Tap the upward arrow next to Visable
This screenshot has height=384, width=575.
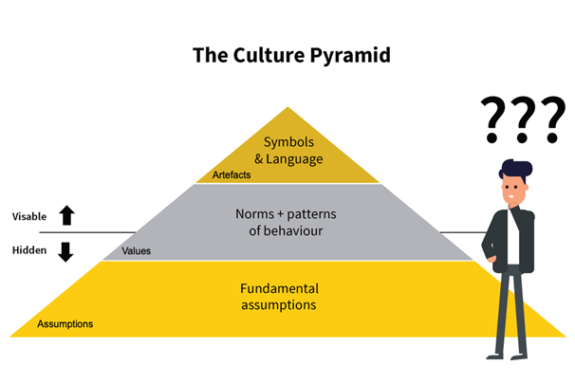pos(66,216)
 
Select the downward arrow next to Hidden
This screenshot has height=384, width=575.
pos(66,251)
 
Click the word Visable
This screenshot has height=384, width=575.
pos(29,216)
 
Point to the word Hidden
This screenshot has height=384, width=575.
pos(28,251)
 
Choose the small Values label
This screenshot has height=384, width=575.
pos(137,251)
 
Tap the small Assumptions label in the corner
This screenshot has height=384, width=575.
pos(65,324)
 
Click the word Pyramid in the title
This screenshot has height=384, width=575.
pos(350,55)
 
